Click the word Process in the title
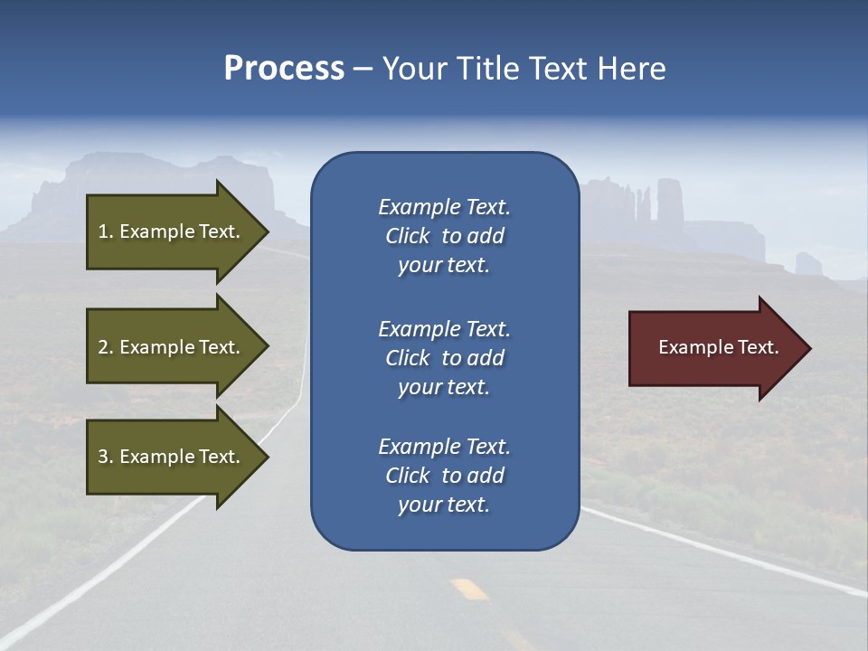click(x=284, y=69)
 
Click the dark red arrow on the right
click(x=714, y=348)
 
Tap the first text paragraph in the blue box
click(x=444, y=236)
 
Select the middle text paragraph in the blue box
click(x=444, y=358)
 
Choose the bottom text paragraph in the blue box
click(x=444, y=476)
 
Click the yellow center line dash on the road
click(x=469, y=589)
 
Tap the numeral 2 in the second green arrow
click(x=103, y=347)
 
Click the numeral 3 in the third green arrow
click(x=103, y=457)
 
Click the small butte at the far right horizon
click(x=808, y=263)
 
